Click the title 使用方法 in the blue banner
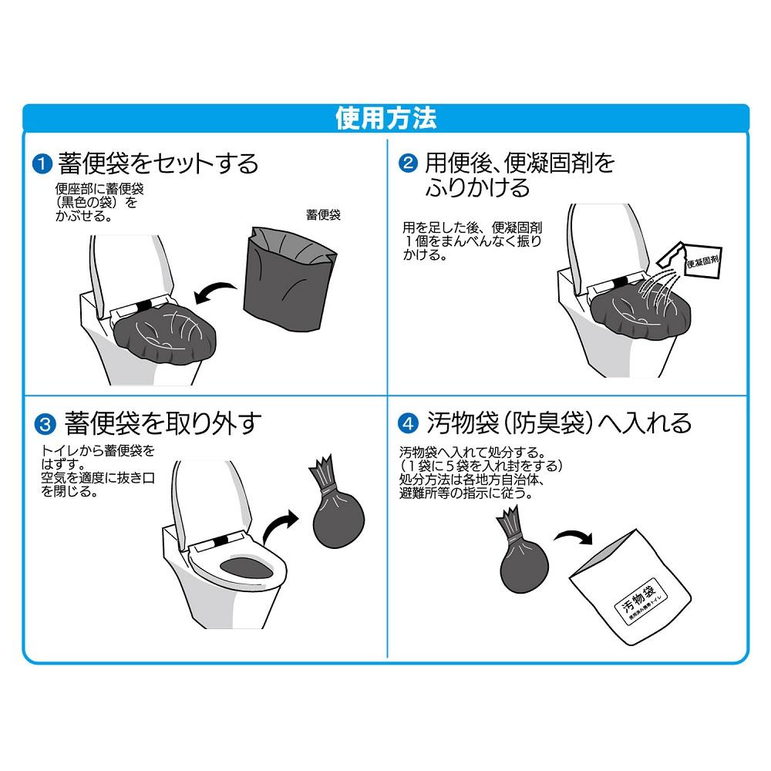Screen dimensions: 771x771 (385, 119)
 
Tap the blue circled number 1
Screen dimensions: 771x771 (41, 164)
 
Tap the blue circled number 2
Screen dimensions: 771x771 (408, 164)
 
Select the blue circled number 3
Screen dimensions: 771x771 (45, 423)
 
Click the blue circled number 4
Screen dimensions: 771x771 (408, 423)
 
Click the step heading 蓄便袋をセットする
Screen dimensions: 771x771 (158, 164)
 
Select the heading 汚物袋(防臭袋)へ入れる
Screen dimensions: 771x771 (559, 423)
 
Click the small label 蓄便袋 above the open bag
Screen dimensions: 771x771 (323, 215)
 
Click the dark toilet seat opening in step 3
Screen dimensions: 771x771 (245, 569)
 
